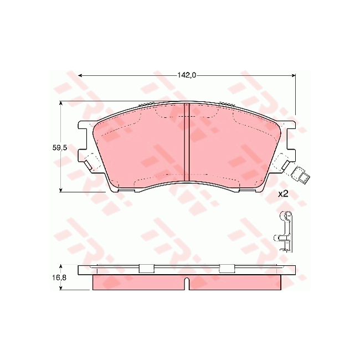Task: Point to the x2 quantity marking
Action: click(x=283, y=194)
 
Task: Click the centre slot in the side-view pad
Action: click(x=187, y=284)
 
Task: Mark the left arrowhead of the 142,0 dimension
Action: click(x=81, y=75)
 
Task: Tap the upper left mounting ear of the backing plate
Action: click(x=85, y=127)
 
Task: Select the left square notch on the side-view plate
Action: click(x=146, y=269)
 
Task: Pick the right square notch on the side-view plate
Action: click(x=227, y=269)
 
